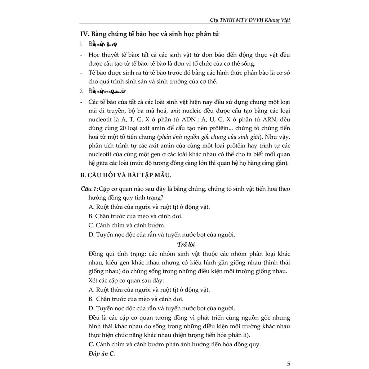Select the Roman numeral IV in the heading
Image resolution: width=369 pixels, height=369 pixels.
84,34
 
